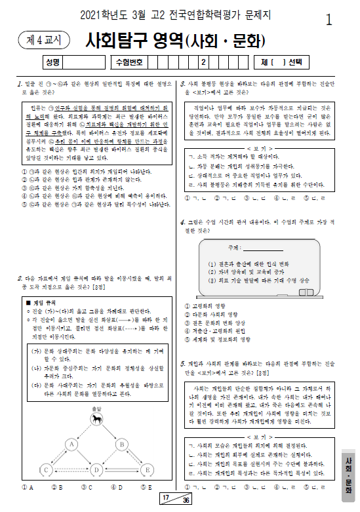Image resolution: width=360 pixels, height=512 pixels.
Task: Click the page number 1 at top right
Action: (328, 20)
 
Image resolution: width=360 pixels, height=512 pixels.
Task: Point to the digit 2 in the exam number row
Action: (203, 63)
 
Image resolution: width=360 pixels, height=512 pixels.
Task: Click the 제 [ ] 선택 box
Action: (281, 63)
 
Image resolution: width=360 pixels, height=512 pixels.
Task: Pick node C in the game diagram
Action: (46, 470)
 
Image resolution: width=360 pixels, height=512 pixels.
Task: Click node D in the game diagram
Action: (96, 470)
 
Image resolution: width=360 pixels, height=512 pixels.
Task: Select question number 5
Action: (182, 363)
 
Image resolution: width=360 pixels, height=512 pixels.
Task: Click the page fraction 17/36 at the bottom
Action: (176, 500)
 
